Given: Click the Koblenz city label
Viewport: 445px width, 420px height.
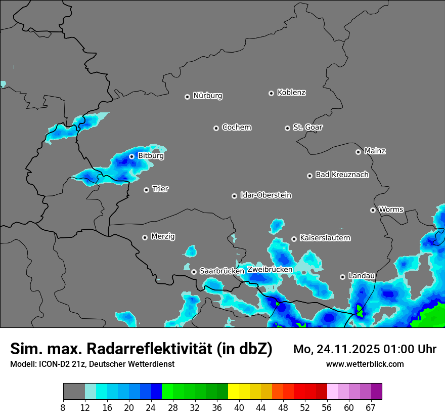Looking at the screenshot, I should click(291, 93).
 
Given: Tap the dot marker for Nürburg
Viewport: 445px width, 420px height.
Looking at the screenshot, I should click(187, 97).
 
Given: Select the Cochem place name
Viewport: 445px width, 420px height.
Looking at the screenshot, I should click(236, 128).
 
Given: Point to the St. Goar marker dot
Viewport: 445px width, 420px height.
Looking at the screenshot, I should click(287, 128).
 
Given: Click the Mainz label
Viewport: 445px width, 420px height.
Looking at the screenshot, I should click(375, 151).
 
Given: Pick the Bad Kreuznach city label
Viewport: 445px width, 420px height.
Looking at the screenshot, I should click(342, 175).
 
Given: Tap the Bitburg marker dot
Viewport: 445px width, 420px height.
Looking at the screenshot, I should click(131, 156).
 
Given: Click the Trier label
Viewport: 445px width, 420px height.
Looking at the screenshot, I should click(160, 189).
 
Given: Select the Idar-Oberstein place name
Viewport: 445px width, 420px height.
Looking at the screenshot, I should click(265, 195).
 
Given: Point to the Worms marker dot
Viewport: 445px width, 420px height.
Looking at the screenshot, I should click(373, 210).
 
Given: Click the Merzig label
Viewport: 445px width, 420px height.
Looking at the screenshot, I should click(163, 236).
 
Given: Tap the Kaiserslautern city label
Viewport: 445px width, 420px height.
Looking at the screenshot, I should click(325, 238).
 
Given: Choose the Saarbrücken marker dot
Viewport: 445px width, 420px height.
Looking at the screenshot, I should click(194, 272).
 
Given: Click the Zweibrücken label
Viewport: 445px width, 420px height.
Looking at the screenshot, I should click(270, 270).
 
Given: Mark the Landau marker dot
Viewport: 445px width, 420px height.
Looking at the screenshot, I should click(342, 277).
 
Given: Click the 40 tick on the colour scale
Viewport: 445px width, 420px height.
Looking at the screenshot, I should click(239, 407).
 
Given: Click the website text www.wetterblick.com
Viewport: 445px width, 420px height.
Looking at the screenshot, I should click(365, 364).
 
